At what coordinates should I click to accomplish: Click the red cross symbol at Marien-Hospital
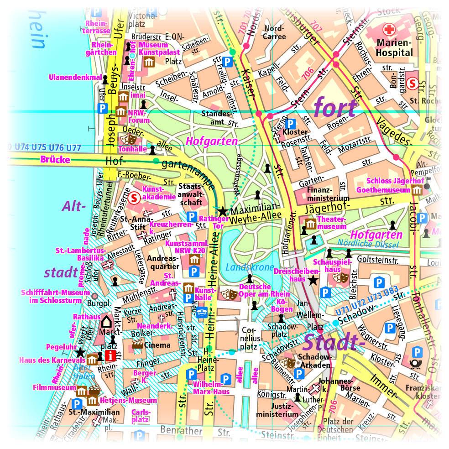[x=389, y=31]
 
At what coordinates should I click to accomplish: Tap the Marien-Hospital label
[x=395, y=48]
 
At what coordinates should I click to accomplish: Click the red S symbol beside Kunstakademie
[x=134, y=198]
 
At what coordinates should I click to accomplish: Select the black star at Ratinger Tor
[x=222, y=211]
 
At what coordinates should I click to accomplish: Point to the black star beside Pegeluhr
[x=80, y=352]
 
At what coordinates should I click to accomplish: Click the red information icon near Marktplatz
[x=110, y=356]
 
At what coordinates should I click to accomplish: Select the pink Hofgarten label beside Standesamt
[x=211, y=141]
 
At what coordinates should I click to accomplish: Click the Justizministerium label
[x=277, y=410]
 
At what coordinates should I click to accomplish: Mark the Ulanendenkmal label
[x=75, y=77]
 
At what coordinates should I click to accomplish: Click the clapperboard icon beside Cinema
[x=137, y=345]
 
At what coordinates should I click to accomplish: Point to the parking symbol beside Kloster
[x=290, y=124]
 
